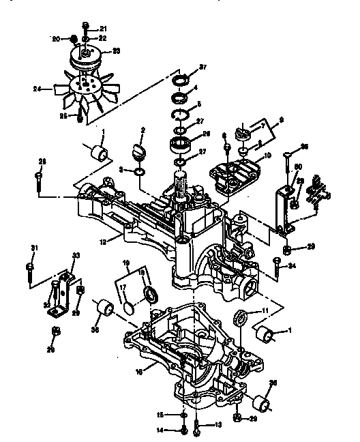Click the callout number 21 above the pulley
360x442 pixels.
[103, 28]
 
